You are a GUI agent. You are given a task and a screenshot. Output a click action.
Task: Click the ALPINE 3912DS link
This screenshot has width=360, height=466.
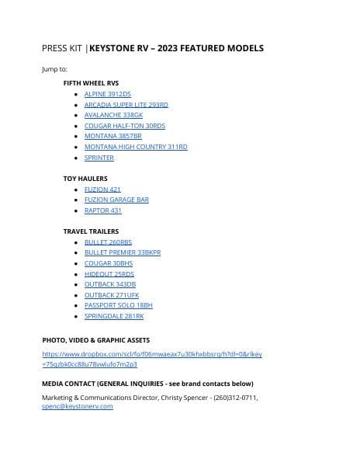tap(108, 94)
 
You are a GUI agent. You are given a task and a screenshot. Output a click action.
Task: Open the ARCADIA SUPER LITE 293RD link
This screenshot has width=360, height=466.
tap(126, 104)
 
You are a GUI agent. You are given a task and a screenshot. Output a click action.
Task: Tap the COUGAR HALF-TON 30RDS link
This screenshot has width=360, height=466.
tap(125, 126)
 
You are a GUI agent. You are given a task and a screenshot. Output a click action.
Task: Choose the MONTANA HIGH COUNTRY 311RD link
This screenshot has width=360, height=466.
tap(136, 147)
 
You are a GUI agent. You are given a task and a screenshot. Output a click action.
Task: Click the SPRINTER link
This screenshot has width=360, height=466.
tap(99, 158)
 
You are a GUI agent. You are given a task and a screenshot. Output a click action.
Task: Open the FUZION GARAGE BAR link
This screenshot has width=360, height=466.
tap(116, 200)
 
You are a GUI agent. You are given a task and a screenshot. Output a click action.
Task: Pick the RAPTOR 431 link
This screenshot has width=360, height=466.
tap(103, 210)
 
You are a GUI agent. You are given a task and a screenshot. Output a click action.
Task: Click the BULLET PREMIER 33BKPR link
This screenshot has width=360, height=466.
tap(123, 252)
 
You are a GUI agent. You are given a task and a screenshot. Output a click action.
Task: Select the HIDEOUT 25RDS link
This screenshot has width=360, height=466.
tap(109, 274)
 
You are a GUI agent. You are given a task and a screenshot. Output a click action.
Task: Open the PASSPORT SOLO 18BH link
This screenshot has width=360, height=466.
tap(119, 306)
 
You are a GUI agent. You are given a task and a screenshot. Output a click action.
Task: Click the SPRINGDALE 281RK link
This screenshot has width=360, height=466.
tap(114, 316)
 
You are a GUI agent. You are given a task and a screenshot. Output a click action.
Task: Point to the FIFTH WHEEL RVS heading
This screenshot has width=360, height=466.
tap(91, 82)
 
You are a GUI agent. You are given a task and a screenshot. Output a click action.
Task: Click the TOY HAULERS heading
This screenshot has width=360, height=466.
tap(85, 179)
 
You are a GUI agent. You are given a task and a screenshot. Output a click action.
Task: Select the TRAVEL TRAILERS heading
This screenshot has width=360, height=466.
tap(91, 231)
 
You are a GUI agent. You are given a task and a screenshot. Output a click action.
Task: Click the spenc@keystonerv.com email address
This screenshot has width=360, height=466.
tap(78, 406)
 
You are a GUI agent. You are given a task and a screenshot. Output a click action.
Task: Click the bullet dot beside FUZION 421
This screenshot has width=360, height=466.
tap(75, 190)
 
